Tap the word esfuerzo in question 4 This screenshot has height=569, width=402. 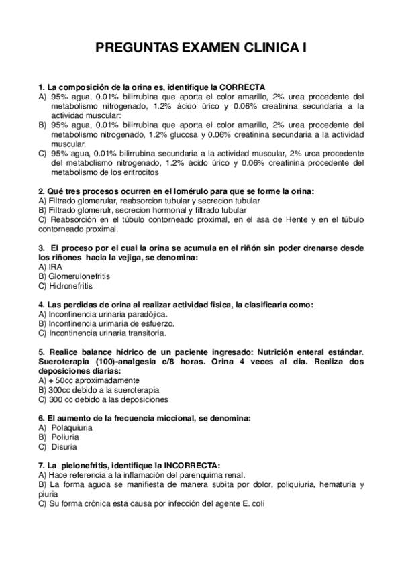coord(150,323)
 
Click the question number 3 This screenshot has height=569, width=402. coord(42,248)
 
